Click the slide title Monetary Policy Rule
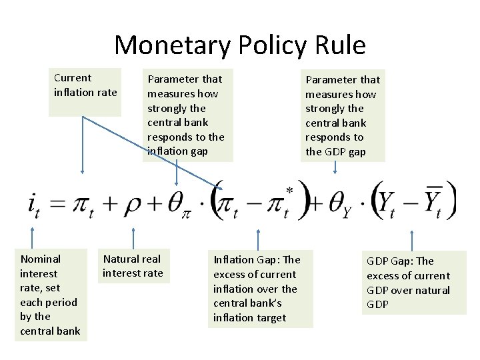240,45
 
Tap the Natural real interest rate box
133,266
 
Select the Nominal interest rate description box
51,295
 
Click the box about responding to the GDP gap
343,115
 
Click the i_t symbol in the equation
33,204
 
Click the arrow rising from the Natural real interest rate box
133,237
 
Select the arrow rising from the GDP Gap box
412,240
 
